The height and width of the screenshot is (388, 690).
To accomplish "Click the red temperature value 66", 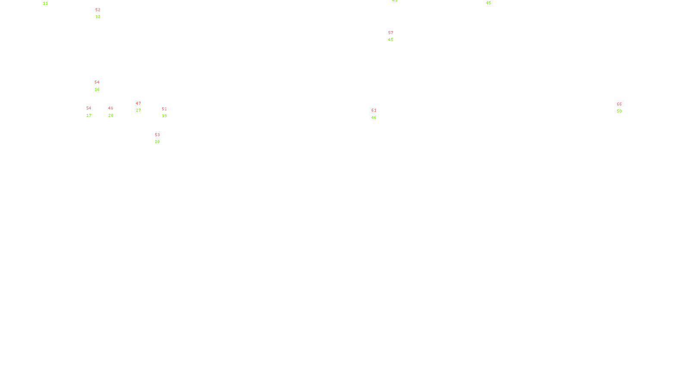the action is coord(619,104).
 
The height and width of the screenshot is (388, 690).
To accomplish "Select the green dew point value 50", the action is coord(619,111).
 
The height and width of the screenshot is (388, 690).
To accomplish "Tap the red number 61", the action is coord(374,110).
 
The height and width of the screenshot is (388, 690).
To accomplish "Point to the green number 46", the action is coord(374,118).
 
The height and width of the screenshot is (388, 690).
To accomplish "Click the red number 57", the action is coord(391,33).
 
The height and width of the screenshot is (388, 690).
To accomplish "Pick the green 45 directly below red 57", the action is coord(391,40).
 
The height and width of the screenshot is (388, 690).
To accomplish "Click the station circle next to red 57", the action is coord(395,37).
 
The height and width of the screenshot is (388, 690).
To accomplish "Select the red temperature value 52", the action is coord(98,10).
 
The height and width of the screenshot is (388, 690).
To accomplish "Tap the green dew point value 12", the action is coord(98,17).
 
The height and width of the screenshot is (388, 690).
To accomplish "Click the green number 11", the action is coord(45,3).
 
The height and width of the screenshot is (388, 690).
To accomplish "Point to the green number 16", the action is coord(97,90).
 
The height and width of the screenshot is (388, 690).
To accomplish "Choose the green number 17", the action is coord(89,116).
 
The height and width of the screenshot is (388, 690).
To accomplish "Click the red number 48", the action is coord(111,108).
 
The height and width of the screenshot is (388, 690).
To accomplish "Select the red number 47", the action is coord(138,103).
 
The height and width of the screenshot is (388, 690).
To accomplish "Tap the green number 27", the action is coord(138,110).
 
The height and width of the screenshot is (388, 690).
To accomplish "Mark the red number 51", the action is coord(164,109).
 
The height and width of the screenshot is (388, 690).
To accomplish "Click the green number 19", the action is coord(164,116).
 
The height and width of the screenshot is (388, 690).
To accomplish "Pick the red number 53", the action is coord(157,135).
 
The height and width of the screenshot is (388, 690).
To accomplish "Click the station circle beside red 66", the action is coord(623,108).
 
